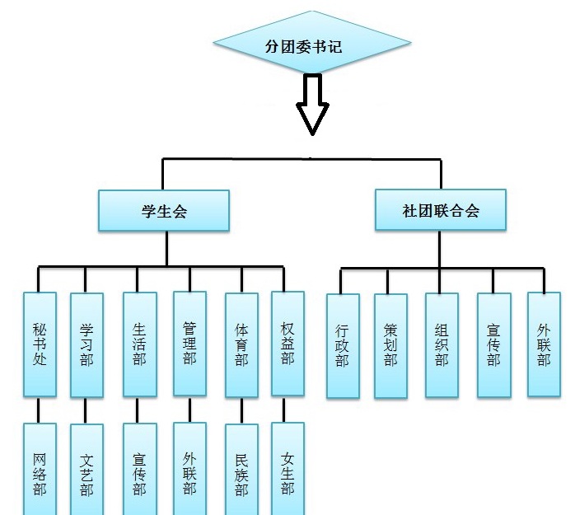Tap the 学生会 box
click(x=164, y=211)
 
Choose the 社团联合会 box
click(x=441, y=209)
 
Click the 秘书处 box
click(x=40, y=344)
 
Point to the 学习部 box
click(x=86, y=344)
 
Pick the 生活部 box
click(x=139, y=344)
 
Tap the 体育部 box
click(x=241, y=344)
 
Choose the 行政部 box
click(x=343, y=346)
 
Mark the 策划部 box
click(x=390, y=346)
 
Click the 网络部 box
click(x=40, y=470)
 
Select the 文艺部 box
click(x=86, y=470)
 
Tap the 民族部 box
click(x=241, y=470)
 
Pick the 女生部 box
click(x=287, y=470)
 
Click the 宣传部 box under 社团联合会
click(x=493, y=346)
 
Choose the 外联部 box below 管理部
click(x=189, y=470)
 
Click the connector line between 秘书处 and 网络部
click(x=40, y=410)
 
